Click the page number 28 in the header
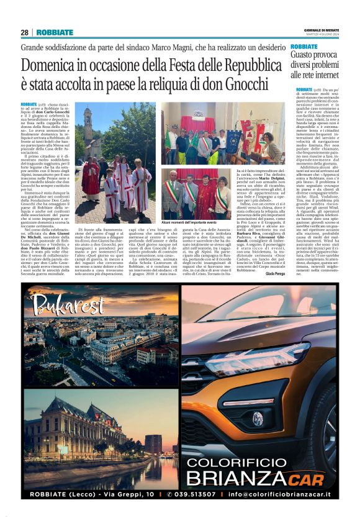[x=24, y=32]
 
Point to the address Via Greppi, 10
[x=124, y=494]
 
